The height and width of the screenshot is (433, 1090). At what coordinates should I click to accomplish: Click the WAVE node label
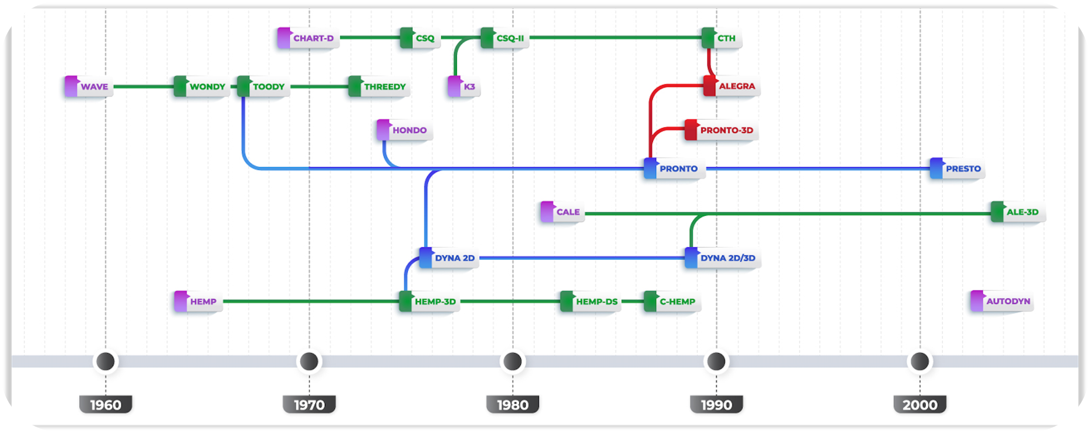pyautogui.click(x=94, y=87)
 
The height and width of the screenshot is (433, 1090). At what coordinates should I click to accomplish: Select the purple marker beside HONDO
pyautogui.click(x=383, y=130)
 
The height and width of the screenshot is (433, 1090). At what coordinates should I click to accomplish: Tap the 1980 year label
pyautogui.click(x=513, y=405)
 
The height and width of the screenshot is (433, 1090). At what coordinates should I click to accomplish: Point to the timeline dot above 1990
pyautogui.click(x=716, y=361)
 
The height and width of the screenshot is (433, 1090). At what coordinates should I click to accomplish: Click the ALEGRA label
pyautogui.click(x=737, y=86)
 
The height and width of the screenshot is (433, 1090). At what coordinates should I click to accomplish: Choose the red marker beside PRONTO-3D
pyautogui.click(x=691, y=130)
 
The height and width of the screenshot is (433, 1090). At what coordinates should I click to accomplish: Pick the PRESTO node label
pyautogui.click(x=963, y=168)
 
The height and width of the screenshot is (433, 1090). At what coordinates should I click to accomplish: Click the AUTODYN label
pyautogui.click(x=1008, y=302)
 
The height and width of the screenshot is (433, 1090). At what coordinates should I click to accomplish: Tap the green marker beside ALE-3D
pyautogui.click(x=997, y=212)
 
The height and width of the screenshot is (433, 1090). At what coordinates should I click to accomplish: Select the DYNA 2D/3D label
pyautogui.click(x=727, y=258)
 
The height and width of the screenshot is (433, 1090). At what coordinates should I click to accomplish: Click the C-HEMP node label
pyautogui.click(x=677, y=302)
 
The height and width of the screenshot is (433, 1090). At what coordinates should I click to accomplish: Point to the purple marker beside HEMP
pyautogui.click(x=181, y=302)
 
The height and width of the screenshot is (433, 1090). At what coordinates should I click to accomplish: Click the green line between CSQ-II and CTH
pyautogui.click(x=616, y=38)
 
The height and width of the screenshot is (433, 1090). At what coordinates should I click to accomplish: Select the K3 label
pyautogui.click(x=469, y=87)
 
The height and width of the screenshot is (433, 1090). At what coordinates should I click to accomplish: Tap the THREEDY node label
pyautogui.click(x=385, y=87)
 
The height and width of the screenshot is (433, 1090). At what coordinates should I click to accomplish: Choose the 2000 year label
pyautogui.click(x=920, y=405)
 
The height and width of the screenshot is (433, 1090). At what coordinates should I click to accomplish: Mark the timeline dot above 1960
pyautogui.click(x=106, y=361)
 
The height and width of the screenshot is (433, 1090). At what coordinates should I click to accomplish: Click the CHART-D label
pyautogui.click(x=313, y=38)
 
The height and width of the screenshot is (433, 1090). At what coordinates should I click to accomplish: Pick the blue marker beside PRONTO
pyautogui.click(x=650, y=168)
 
